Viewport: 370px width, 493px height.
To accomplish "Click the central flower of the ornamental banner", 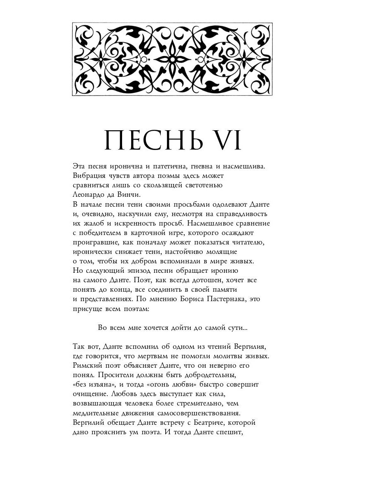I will tap(172, 59).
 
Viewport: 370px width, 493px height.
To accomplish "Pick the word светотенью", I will tap(201, 185).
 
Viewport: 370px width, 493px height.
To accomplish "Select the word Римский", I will tap(88, 365).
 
